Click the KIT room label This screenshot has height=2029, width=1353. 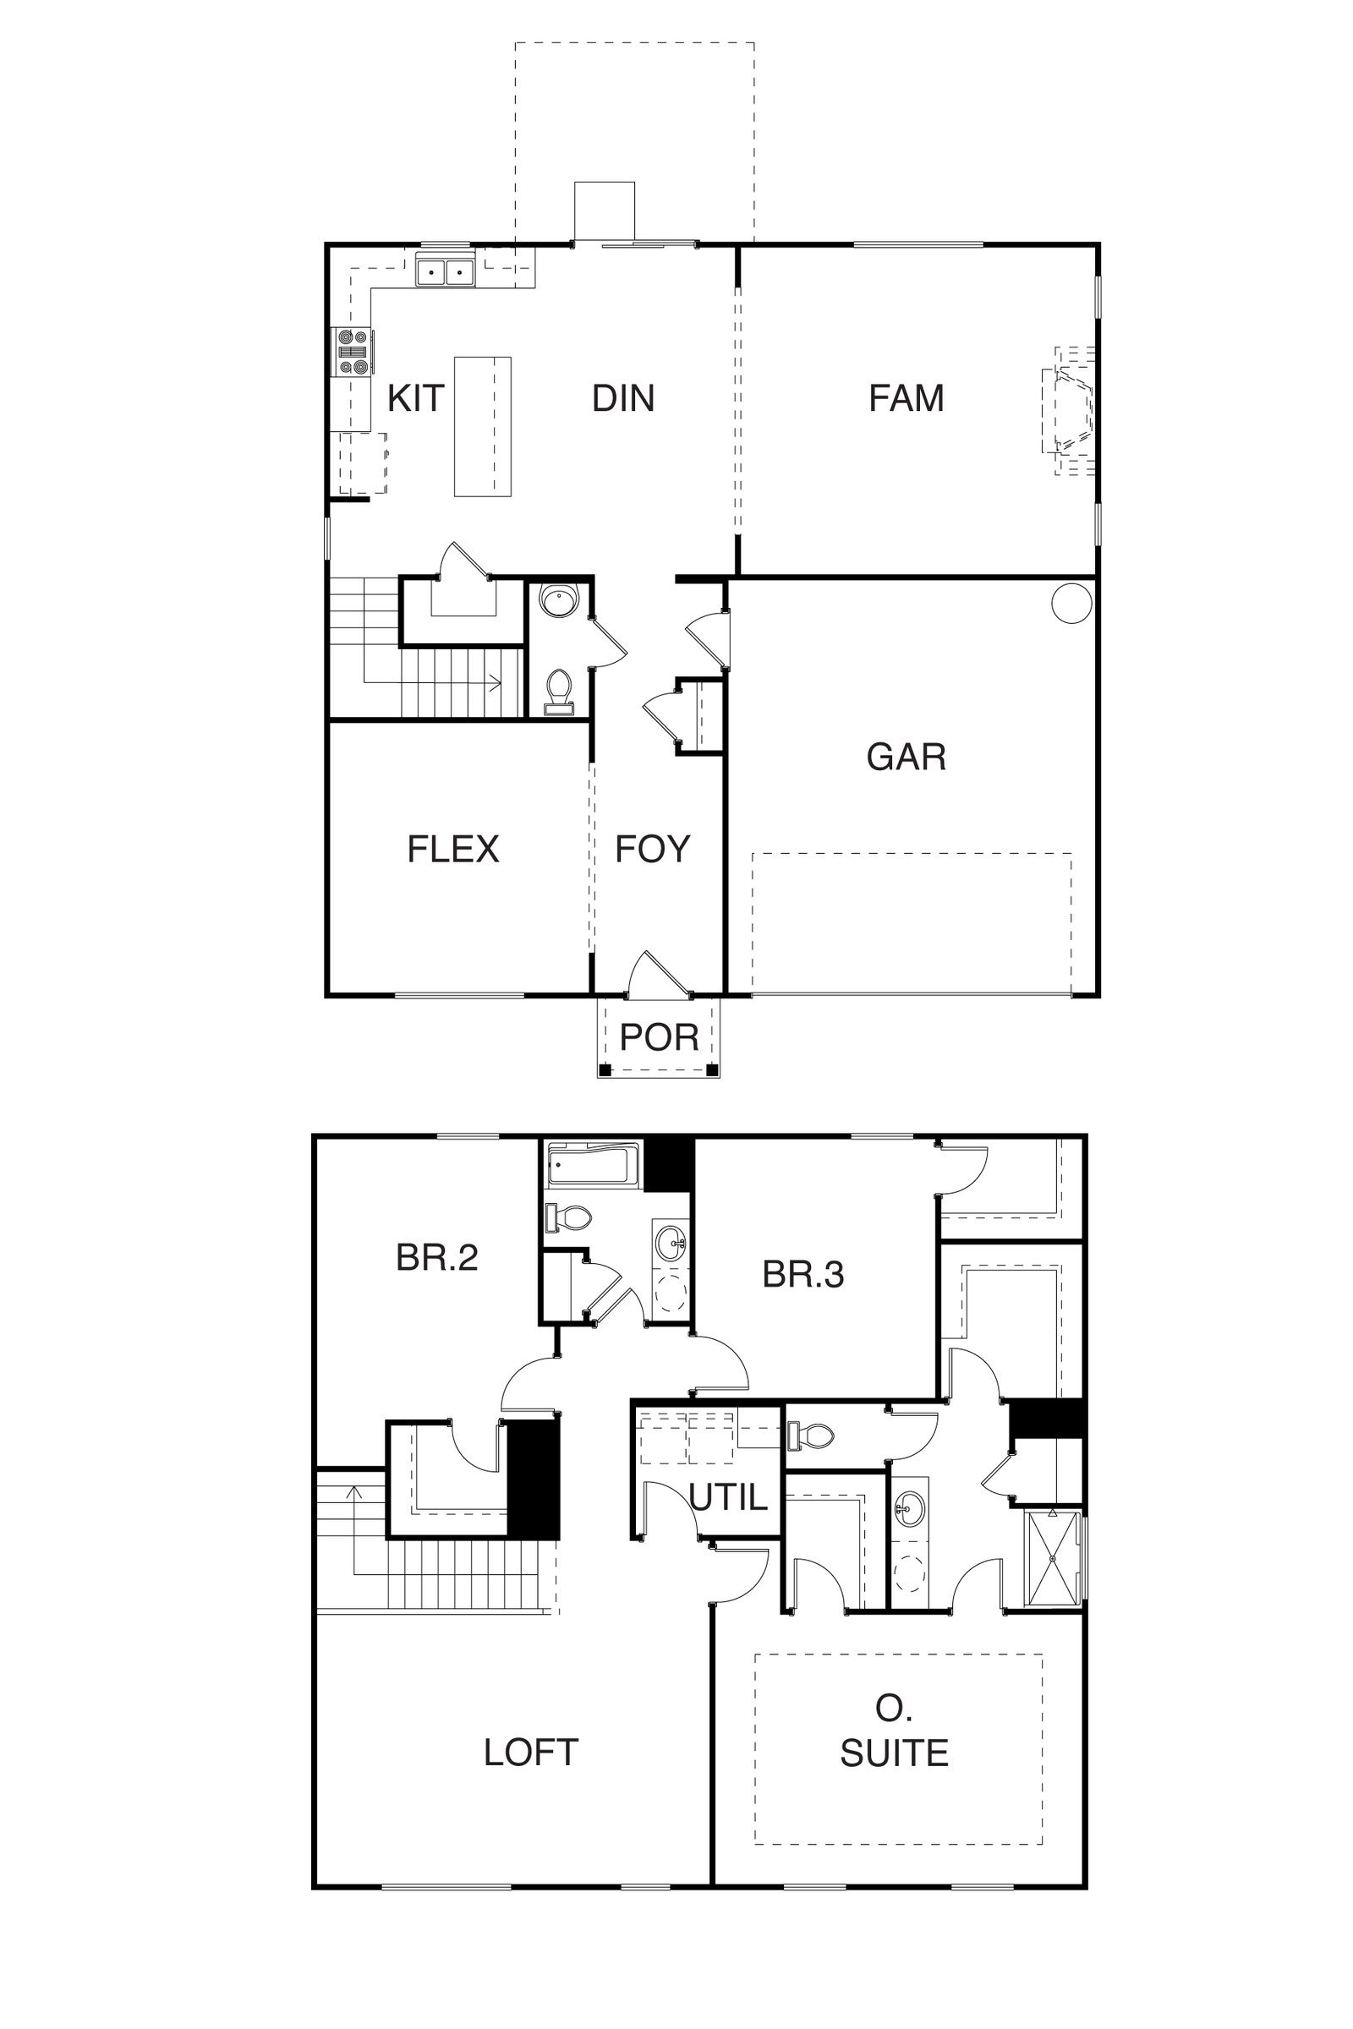click(x=415, y=398)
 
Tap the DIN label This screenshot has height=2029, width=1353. click(x=623, y=398)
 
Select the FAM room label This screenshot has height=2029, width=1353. click(x=906, y=398)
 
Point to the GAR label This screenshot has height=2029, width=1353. click(x=906, y=757)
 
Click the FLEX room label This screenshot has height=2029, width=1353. click(x=453, y=849)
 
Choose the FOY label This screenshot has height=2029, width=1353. click(x=652, y=849)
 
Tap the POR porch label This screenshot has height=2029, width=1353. click(x=660, y=1037)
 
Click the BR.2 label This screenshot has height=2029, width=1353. click(x=436, y=1258)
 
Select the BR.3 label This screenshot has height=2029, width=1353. click(x=802, y=1274)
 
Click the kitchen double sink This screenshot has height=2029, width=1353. click(x=446, y=272)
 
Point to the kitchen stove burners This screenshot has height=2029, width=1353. click(x=352, y=352)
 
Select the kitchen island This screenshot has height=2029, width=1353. click(x=482, y=426)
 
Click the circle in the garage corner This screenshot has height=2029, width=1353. click(x=1071, y=603)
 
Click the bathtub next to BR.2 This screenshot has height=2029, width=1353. click(x=594, y=1165)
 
